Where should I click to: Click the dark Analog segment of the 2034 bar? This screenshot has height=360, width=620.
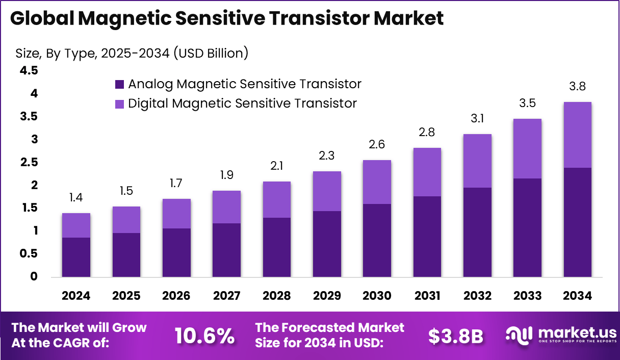click(577, 222)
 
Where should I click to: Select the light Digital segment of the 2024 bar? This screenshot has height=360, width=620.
click(76, 225)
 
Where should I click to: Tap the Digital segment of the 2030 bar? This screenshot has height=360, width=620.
click(377, 182)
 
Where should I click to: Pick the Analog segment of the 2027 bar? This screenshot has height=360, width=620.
click(226, 250)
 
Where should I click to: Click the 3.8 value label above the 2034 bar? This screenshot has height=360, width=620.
click(577, 87)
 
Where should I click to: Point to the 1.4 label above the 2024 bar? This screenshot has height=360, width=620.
click(76, 198)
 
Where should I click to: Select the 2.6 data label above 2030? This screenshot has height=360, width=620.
click(377, 145)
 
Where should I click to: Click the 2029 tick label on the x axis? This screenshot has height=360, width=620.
click(327, 296)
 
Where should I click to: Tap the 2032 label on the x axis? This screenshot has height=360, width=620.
click(477, 296)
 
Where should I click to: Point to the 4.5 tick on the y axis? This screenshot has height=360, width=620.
click(29, 71)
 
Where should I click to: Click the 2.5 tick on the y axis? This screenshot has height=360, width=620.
click(29, 162)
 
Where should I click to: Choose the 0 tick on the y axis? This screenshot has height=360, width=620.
click(34, 277)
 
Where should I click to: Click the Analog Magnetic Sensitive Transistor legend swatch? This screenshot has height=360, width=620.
click(119, 84)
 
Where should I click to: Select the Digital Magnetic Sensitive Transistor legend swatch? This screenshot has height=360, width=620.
click(119, 104)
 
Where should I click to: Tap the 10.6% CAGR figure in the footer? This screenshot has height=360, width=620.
click(205, 336)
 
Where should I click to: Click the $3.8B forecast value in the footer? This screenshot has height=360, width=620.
click(455, 336)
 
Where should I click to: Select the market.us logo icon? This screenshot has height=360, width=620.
click(519, 335)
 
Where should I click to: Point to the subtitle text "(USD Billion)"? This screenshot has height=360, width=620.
click(211, 53)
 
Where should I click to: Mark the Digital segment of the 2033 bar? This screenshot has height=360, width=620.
click(527, 148)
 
